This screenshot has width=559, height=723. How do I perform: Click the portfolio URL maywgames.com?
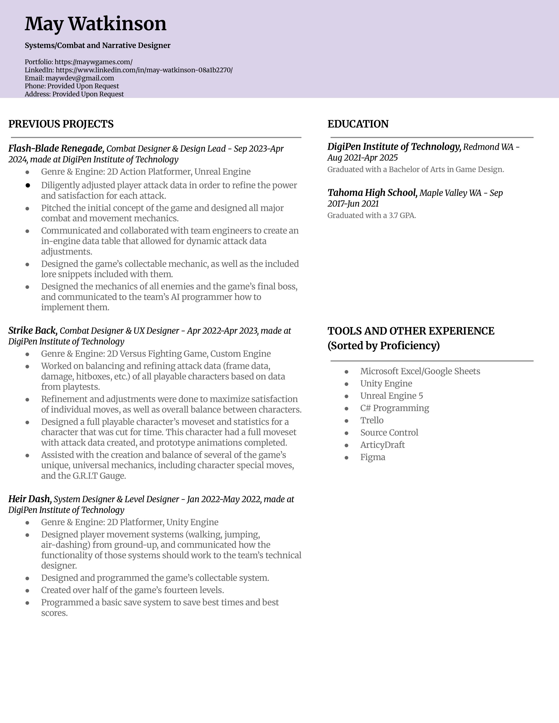93,62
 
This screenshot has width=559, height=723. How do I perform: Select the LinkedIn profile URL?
144,70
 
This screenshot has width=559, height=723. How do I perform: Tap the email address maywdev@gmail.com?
80,78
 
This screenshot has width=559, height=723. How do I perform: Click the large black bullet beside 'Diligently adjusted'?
28,185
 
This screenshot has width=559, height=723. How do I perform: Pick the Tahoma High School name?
372,192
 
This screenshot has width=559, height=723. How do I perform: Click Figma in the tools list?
372,457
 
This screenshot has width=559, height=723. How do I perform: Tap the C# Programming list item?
394,408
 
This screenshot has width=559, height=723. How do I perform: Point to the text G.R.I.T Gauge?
99,476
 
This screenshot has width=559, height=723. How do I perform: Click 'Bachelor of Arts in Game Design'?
446,170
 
